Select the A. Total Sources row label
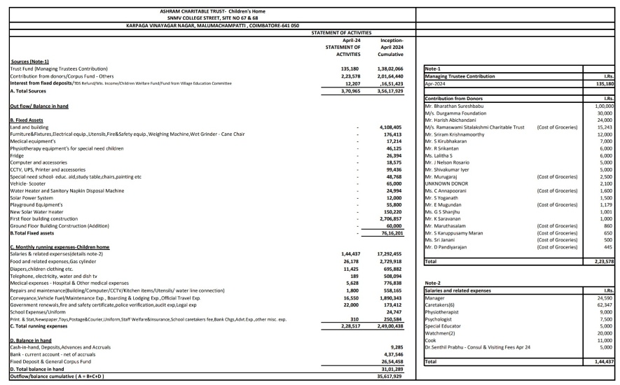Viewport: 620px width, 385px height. pyautogui.click(x=30, y=90)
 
